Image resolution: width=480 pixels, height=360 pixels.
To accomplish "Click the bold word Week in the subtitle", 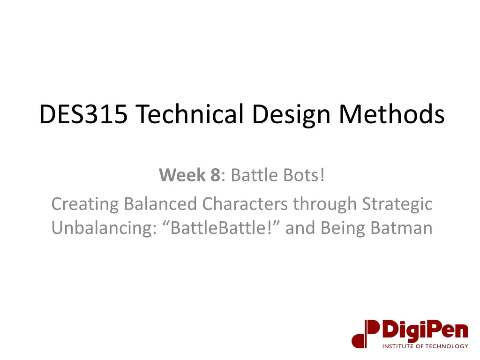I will [182, 176].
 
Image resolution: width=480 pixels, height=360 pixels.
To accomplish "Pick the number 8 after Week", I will [215, 176].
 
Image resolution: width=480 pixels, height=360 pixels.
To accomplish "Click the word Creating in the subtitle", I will [85, 204].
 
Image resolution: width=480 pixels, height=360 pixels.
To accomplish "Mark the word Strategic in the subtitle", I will [397, 204].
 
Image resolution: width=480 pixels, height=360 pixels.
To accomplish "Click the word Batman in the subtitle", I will [401, 228].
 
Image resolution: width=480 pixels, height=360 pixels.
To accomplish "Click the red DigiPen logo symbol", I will [365, 333].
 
